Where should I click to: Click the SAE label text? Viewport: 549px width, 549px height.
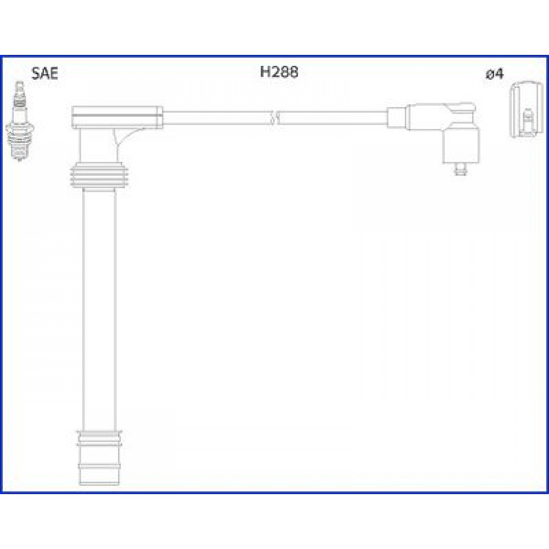pyautogui.click(x=44, y=74)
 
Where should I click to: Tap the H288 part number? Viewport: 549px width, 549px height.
pyautogui.click(x=279, y=72)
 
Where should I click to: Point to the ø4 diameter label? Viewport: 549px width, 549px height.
pyautogui.click(x=495, y=74)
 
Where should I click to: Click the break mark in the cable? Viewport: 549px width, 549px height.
pyautogui.click(x=274, y=117)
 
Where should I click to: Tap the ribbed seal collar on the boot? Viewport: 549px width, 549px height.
pyautogui.click(x=99, y=176)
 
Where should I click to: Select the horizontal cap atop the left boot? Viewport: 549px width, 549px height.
pyautogui.click(x=117, y=116)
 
